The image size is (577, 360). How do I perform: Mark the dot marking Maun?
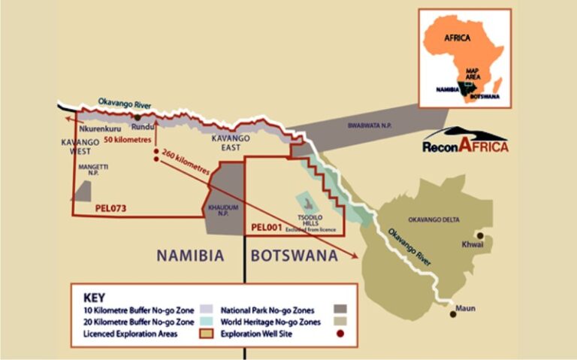[453, 313]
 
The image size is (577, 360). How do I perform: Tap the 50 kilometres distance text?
[128, 140]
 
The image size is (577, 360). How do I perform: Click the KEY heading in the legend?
[93, 297]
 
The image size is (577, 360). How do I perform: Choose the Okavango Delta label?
[434, 219]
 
